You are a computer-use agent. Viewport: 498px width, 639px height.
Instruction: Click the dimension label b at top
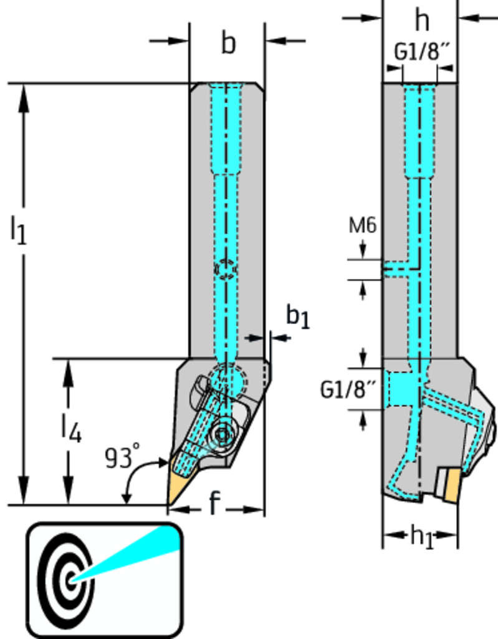tap(228, 44)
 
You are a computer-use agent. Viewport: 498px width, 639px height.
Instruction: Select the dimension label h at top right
tap(423, 21)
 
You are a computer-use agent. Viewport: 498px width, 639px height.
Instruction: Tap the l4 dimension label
tap(70, 429)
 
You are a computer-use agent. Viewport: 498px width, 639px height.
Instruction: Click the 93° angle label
tap(121, 458)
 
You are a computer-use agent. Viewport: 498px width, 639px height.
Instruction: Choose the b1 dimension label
tap(297, 316)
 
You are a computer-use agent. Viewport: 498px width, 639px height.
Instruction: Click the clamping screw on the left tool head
tap(221, 432)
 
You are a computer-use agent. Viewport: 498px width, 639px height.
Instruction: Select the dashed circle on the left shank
tap(226, 268)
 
